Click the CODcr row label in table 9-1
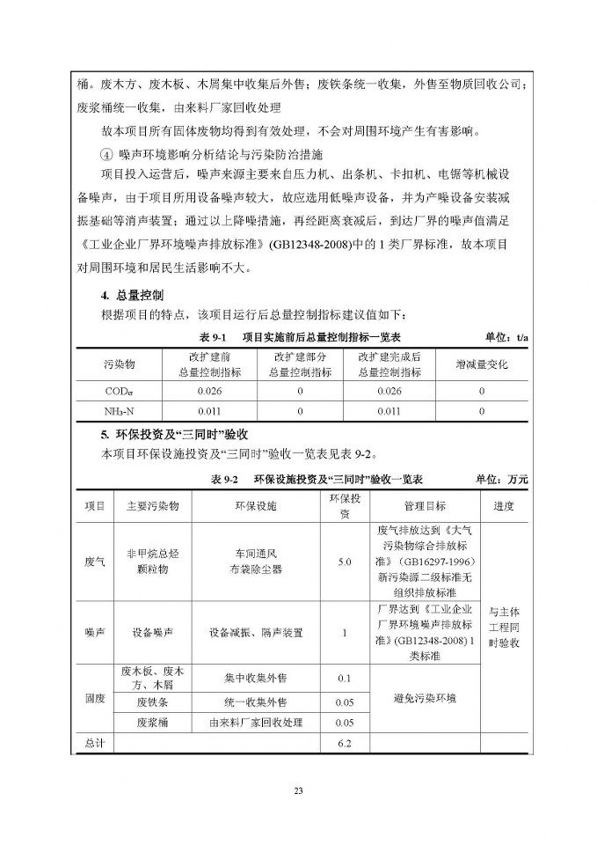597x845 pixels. click(119, 391)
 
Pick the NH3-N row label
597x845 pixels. click(119, 410)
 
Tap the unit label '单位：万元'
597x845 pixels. click(502, 480)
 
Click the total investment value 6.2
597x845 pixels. click(344, 744)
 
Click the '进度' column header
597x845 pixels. click(503, 506)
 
